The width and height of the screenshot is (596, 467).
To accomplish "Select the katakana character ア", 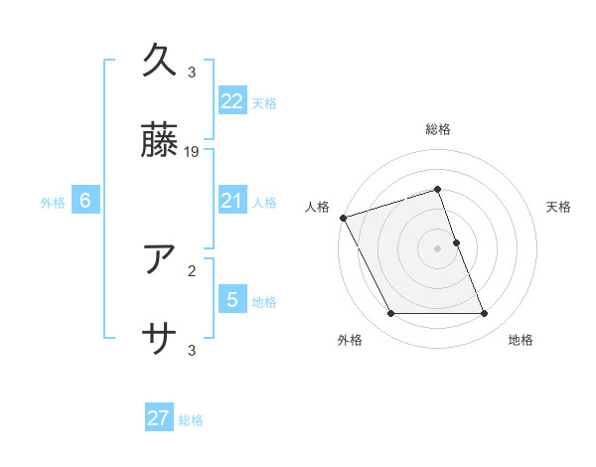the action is pyautogui.click(x=161, y=259).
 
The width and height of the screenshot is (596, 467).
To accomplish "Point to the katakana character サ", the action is pyautogui.click(x=161, y=339).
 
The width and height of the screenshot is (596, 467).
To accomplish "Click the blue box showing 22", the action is pyautogui.click(x=232, y=100).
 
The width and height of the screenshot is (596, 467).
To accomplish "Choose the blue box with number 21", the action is pyautogui.click(x=232, y=201).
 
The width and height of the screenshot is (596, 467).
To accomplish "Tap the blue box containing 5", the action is pyautogui.click(x=232, y=299).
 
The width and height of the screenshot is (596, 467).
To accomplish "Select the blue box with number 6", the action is pyautogui.click(x=85, y=201).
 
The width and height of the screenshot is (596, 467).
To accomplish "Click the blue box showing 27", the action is pyautogui.click(x=159, y=418).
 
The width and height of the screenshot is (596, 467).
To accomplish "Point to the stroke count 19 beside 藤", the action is pyautogui.click(x=193, y=152).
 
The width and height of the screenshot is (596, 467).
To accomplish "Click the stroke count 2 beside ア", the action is pyautogui.click(x=192, y=269).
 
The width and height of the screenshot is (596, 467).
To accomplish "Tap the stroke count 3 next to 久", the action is pyautogui.click(x=192, y=73).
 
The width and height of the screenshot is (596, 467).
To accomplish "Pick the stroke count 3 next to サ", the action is pyautogui.click(x=192, y=350).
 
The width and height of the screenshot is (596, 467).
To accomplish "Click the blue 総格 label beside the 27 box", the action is pyautogui.click(x=191, y=420).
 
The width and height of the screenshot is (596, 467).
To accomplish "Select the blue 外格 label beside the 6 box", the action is pyautogui.click(x=53, y=203).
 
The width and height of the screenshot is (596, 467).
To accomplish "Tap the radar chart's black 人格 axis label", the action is pyautogui.click(x=318, y=207).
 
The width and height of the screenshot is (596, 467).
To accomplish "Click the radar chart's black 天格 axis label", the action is pyautogui.click(x=559, y=207).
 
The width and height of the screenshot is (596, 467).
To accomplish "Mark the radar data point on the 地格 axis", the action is pyautogui.click(x=485, y=314).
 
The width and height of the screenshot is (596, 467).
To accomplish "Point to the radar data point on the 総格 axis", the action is pyautogui.click(x=438, y=189).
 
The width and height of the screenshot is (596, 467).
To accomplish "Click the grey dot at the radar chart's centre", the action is pyautogui.click(x=438, y=248).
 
